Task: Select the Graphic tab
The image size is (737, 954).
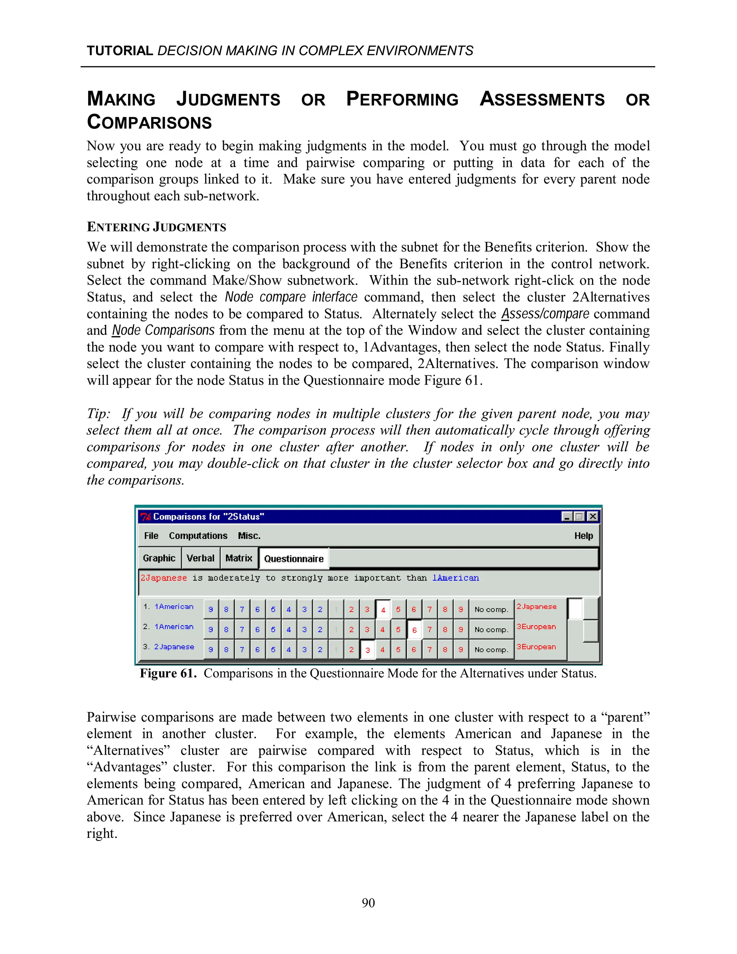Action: click(x=159, y=558)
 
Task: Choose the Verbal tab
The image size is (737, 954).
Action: click(x=200, y=558)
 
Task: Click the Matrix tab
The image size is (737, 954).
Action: click(x=239, y=558)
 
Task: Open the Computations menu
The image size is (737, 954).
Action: click(x=198, y=536)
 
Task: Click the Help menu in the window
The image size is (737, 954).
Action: click(x=583, y=536)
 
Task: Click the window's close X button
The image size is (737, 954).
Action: click(x=592, y=517)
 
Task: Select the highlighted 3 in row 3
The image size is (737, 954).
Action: click(x=367, y=650)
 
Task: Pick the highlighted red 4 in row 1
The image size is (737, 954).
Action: click(x=383, y=610)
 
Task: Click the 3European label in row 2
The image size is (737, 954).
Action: click(x=536, y=627)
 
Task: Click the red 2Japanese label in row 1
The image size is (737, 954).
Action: click(x=537, y=607)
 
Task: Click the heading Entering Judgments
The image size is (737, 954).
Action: click(x=156, y=227)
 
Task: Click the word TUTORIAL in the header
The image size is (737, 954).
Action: click(x=119, y=51)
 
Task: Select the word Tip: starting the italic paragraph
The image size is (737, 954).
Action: click(x=99, y=413)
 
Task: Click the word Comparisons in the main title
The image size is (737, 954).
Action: click(x=149, y=122)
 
